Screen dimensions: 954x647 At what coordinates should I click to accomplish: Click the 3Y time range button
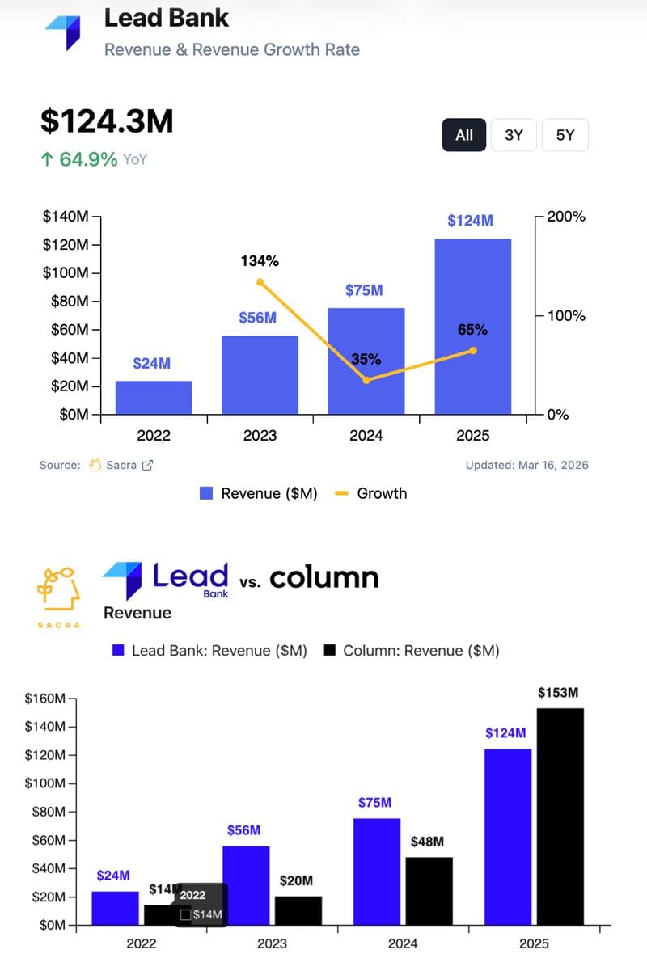point(514,135)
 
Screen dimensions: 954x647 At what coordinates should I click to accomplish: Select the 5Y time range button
point(565,135)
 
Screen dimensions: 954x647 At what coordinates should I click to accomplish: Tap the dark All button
point(464,135)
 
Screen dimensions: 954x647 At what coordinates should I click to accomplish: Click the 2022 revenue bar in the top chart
point(154,397)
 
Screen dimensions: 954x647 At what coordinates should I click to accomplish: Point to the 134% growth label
point(260,261)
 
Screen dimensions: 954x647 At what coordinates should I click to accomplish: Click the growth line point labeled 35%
point(366,380)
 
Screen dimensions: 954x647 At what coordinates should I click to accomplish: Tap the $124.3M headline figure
point(107,121)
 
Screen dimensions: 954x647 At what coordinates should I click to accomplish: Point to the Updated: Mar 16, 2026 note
point(526,465)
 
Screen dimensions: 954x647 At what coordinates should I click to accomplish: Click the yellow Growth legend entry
point(371,493)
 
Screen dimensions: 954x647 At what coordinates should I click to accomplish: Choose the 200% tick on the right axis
point(566,217)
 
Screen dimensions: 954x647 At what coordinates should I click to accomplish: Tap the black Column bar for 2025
point(560,816)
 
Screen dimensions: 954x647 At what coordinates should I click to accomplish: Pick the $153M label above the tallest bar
point(559,693)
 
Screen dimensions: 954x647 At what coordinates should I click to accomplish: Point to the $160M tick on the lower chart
point(46,698)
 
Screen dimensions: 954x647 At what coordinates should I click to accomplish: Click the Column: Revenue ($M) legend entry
point(412,651)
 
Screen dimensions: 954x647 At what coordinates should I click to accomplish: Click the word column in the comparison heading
point(323,577)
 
